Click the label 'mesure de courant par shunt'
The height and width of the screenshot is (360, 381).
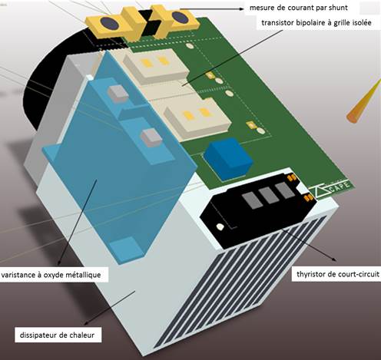pyautogui.click(x=298, y=8)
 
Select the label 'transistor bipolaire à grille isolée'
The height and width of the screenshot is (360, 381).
pyautogui.click(x=316, y=23)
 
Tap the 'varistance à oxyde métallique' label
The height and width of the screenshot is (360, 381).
pyautogui.click(x=51, y=275)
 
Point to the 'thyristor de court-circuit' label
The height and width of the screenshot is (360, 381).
pyautogui.click(x=338, y=274)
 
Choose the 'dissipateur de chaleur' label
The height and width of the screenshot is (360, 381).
pyautogui.click(x=57, y=335)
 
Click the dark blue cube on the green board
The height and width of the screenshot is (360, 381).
pyautogui.click(x=228, y=158)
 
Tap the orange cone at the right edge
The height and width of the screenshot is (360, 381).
pyautogui.click(x=363, y=101)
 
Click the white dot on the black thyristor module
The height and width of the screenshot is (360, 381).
pyautogui.click(x=220, y=226)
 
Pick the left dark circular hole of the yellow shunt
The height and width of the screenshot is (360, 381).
pyautogui.click(x=109, y=23)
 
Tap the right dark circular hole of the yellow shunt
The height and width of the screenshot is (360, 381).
pyautogui.click(x=181, y=17)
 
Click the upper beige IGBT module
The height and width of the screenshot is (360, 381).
pyautogui.click(x=156, y=67)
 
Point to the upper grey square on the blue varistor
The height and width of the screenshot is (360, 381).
pyautogui.click(x=118, y=94)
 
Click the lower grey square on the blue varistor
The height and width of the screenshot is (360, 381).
pyautogui.click(x=151, y=137)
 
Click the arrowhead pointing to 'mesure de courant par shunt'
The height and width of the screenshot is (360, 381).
pyautogui.click(x=240, y=8)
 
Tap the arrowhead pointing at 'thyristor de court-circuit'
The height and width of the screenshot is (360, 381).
pyautogui.click(x=333, y=259)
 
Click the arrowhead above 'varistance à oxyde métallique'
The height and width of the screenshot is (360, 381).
pyautogui.click(x=58, y=262)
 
